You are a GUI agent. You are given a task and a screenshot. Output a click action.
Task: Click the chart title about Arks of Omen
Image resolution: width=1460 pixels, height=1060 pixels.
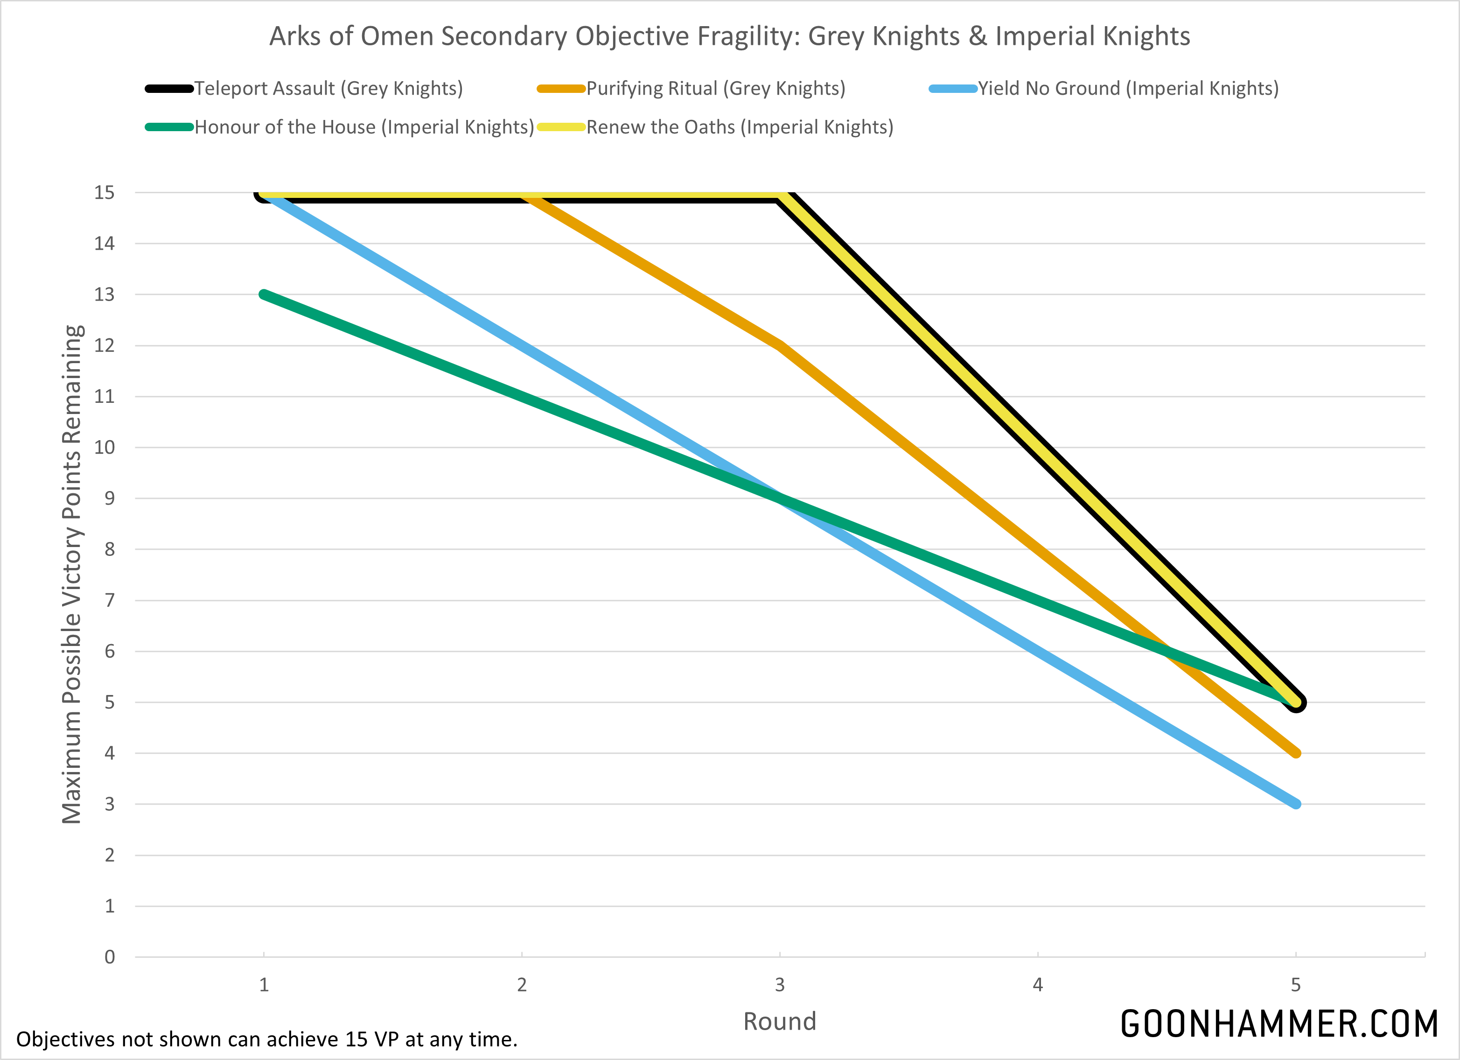pyautogui.click(x=729, y=36)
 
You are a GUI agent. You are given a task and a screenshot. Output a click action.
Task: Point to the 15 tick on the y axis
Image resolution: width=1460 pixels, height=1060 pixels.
pyautogui.click(x=105, y=193)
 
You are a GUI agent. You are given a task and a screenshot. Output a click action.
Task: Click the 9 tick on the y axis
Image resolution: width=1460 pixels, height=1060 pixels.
pyautogui.click(x=110, y=498)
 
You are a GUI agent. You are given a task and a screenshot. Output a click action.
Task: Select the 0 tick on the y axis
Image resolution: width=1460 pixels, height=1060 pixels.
pyautogui.click(x=110, y=957)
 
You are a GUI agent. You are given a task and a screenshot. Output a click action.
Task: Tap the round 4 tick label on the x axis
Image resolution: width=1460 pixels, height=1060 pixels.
pyautogui.click(x=1038, y=985)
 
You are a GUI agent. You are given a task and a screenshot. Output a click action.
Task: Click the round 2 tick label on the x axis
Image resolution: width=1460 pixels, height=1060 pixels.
pyautogui.click(x=522, y=985)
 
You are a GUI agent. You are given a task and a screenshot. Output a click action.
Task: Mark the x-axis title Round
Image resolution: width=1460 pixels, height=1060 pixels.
pyautogui.click(x=780, y=1021)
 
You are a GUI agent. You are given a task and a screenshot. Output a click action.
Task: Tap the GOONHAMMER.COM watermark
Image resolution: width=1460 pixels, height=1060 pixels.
pyautogui.click(x=1279, y=1024)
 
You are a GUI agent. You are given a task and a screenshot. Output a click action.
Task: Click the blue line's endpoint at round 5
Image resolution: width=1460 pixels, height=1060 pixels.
pyautogui.click(x=1296, y=804)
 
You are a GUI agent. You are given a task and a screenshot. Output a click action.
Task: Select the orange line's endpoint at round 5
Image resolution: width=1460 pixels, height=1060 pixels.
pyautogui.click(x=1296, y=753)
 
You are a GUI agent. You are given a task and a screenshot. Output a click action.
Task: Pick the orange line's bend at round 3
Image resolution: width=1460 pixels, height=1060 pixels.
pyautogui.click(x=780, y=346)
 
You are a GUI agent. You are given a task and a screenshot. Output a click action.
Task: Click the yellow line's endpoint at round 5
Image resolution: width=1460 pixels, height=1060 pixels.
pyautogui.click(x=1296, y=702)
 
